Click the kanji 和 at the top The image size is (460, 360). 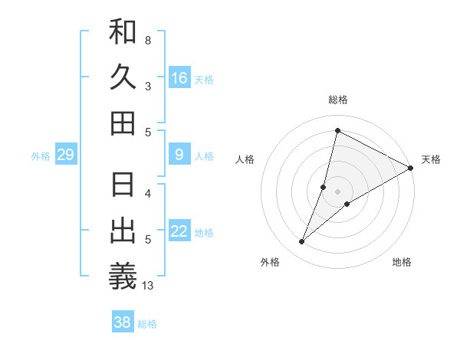pos(123,31)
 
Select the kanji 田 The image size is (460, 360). pos(123,123)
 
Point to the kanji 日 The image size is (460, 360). pos(123,186)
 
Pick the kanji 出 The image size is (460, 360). pos(123,231)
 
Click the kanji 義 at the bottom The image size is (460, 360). pos(123,277)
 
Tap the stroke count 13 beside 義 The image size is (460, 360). pos(148,286)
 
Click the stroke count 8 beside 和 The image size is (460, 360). pos(148,40)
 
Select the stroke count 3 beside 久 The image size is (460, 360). pos(148,87)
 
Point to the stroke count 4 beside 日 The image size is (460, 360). pos(148,194)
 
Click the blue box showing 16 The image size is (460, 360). pos(179,78)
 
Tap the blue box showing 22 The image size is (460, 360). pos(179,232)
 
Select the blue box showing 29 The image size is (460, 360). pos(65,155)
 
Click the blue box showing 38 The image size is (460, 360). pos(123,322)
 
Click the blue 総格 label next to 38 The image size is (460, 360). pos(147,324)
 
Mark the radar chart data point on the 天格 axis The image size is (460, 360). pos(411,168)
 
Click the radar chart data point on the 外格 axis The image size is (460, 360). pos(302,242)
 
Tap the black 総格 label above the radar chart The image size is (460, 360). pos(337,100)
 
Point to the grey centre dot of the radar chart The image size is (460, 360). pos(337,191)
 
